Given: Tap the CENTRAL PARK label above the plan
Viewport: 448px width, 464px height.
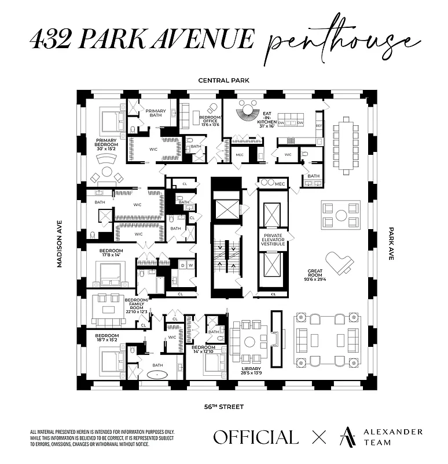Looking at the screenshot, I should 223,81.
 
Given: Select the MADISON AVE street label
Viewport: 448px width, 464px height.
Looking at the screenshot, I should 59,244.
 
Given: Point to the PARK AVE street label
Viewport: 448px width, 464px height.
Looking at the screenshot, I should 391,243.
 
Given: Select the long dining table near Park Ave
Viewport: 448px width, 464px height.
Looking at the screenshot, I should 346,145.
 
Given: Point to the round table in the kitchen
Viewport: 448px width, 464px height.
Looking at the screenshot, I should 249,108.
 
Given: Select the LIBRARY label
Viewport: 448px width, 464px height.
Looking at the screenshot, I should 251,371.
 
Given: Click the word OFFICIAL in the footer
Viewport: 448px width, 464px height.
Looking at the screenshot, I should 255,437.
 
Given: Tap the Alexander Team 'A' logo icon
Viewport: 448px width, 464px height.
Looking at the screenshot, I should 348,437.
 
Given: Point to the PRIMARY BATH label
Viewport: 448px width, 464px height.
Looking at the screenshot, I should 155,113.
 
